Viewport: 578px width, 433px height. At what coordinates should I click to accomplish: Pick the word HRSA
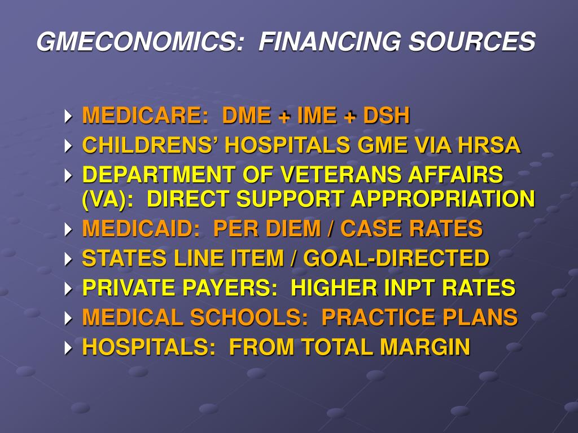click(x=489, y=145)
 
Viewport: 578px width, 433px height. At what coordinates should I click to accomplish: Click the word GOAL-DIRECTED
click(x=396, y=258)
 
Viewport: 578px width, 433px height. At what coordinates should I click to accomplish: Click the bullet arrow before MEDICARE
click(x=69, y=117)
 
